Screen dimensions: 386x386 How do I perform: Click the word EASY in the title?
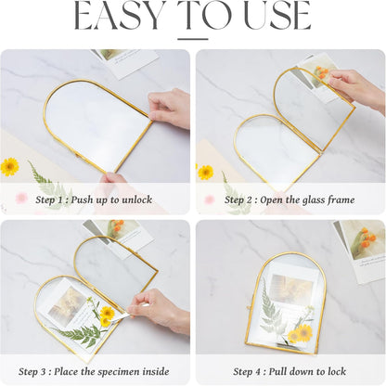coord(119,16)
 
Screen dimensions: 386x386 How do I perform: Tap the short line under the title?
coord(193,39)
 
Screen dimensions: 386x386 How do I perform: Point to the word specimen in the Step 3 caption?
coord(119,371)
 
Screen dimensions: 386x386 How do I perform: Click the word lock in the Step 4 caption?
coord(336,371)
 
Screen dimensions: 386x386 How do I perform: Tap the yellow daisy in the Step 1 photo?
coord(9,167)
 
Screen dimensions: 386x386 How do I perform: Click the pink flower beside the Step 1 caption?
coord(21,198)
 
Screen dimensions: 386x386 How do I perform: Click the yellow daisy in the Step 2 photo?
coord(206,173)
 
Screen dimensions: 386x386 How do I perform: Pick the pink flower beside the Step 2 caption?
coord(210,199)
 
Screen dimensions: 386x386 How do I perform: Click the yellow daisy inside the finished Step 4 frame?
coord(301,333)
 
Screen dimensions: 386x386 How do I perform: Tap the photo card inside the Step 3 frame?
coord(66,304)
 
